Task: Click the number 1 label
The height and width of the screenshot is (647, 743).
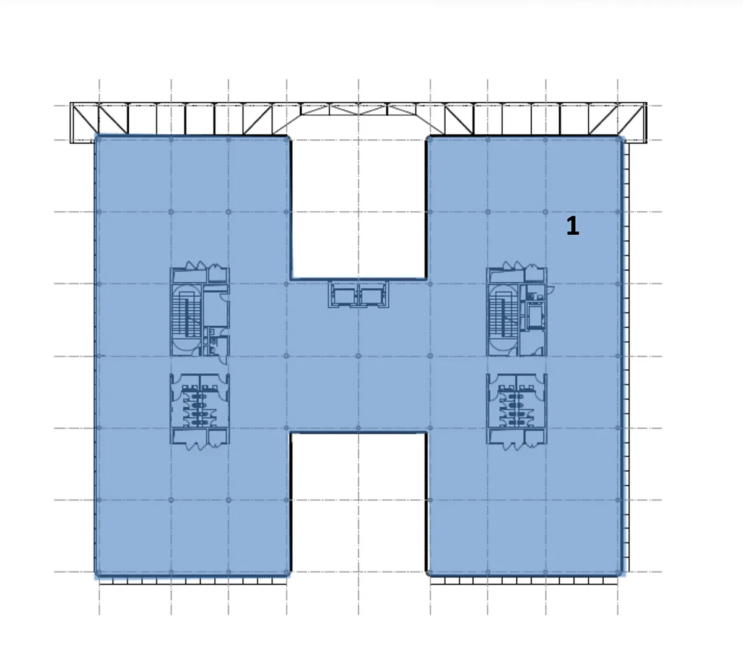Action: pyautogui.click(x=573, y=226)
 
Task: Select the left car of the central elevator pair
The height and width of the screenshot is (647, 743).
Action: pyautogui.click(x=344, y=295)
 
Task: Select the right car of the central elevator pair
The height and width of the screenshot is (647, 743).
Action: pyautogui.click(x=373, y=295)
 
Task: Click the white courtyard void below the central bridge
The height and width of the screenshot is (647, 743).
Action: pyautogui.click(x=358, y=503)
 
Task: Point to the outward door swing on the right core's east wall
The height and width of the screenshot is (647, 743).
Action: pyautogui.click(x=550, y=289)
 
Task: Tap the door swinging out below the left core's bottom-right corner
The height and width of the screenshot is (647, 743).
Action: pyautogui.click(x=223, y=360)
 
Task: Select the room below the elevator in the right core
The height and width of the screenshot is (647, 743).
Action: pyautogui.click(x=532, y=344)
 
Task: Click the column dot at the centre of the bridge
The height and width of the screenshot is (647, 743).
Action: pyautogui.click(x=358, y=356)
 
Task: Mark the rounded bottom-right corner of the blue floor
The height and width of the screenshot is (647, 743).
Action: pyautogui.click(x=622, y=574)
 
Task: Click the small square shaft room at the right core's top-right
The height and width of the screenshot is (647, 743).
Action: pyautogui.click(x=535, y=274)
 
